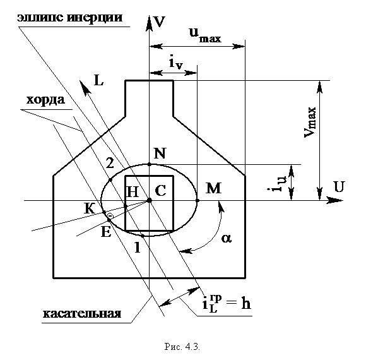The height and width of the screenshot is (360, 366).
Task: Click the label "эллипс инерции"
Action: (x=70, y=18)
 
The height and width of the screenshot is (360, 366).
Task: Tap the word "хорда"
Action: (x=45, y=100)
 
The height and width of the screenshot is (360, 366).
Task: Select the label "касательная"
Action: (x=82, y=313)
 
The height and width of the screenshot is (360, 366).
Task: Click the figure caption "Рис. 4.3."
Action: (x=182, y=347)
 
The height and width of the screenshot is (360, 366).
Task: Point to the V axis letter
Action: (x=160, y=22)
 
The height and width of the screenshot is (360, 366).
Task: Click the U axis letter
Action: (x=339, y=187)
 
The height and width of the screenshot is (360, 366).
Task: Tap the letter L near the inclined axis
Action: (x=98, y=81)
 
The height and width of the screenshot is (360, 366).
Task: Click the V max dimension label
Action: (x=310, y=122)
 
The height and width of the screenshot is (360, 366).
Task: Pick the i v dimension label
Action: (x=175, y=63)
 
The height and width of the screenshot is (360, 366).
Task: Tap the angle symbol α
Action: (x=227, y=239)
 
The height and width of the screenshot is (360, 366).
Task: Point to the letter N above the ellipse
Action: (x=160, y=153)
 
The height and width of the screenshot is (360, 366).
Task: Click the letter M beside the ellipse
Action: (x=213, y=188)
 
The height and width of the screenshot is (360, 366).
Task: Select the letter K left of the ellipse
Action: (x=90, y=208)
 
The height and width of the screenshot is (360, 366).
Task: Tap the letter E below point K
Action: (x=106, y=232)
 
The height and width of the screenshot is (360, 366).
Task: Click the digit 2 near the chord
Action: (x=110, y=163)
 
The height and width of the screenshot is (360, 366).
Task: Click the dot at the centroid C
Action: (x=150, y=200)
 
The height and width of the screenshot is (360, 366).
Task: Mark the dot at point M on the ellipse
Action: (x=198, y=200)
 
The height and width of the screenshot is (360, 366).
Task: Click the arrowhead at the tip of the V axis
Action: (x=149, y=23)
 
